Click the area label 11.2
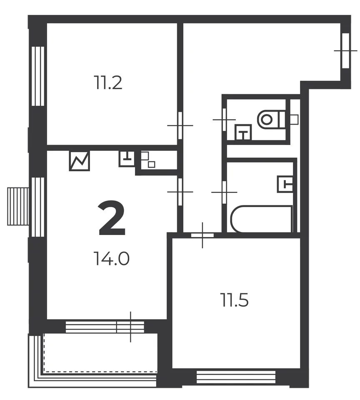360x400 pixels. tap(108, 82)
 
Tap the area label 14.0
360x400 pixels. tap(112, 258)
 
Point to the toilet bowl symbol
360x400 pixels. tap(272, 119)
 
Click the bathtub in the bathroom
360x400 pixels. tap(262, 219)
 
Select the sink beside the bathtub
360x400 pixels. tap(285, 184)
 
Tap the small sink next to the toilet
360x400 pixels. tap(243, 132)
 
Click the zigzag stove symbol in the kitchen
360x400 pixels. tap(79, 161)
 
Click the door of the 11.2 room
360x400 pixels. tap(180, 125)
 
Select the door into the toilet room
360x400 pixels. tap(224, 120)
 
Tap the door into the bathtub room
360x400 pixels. tap(224, 192)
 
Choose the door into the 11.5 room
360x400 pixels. tap(202, 235)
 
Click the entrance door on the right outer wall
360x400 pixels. tap(346, 50)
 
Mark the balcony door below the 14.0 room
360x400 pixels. tap(130, 327)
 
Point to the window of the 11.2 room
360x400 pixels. tap(38, 76)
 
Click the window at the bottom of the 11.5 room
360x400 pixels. tap(236, 377)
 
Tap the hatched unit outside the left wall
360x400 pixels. tap(18, 206)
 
